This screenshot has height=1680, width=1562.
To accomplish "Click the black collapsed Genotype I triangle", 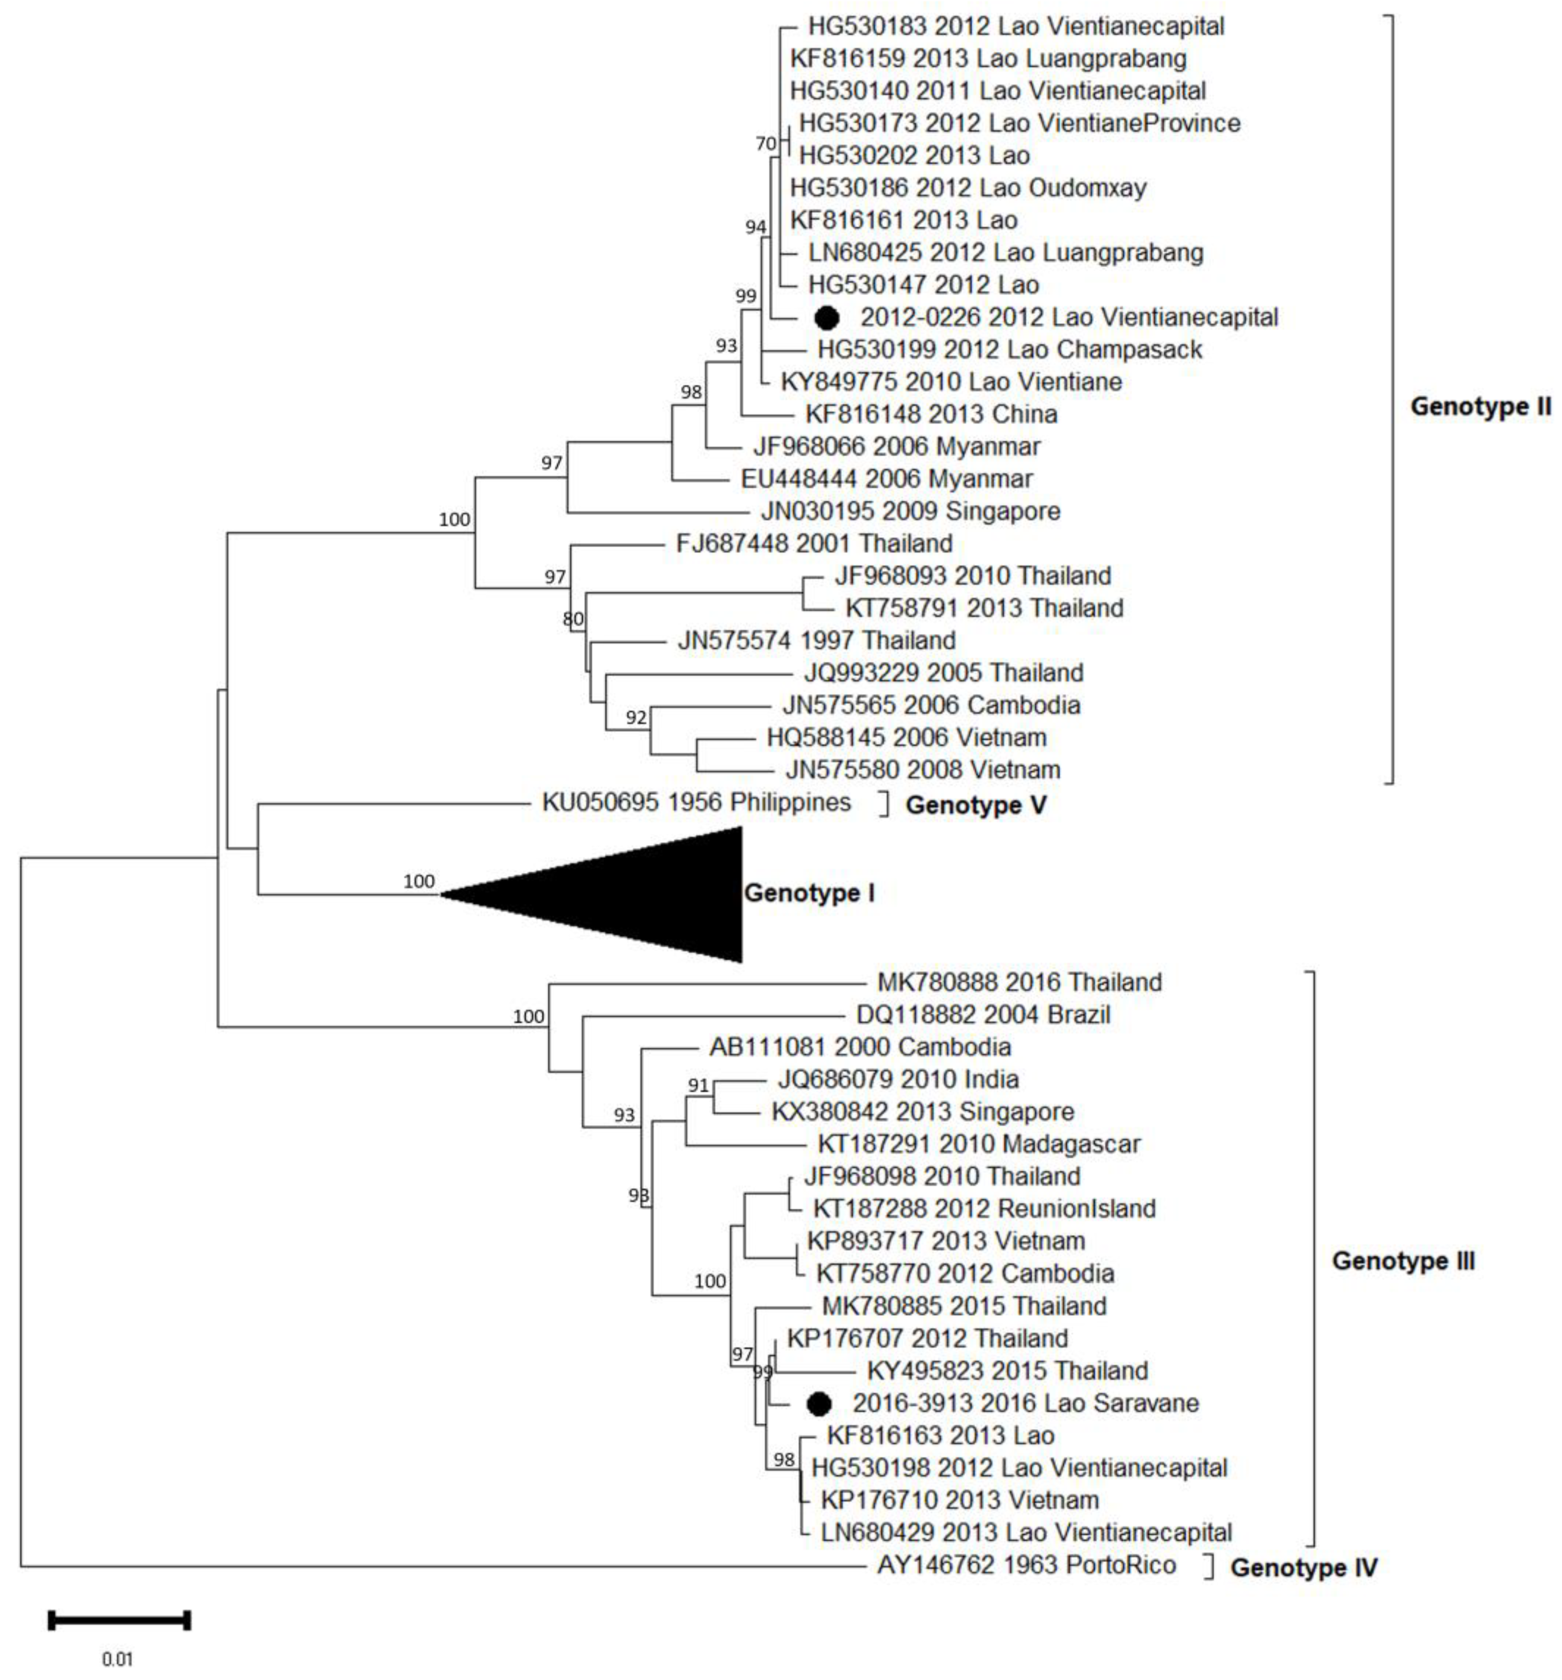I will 642,894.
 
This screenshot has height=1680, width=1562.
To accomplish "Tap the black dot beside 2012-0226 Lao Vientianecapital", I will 826,318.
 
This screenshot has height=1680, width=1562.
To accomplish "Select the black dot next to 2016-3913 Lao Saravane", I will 818,1403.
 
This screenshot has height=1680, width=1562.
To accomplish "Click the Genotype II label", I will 1479,407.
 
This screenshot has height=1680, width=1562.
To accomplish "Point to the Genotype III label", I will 1402,1261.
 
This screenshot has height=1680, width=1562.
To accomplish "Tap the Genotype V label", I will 976,804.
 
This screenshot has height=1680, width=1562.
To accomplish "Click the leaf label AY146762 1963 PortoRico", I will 1026,1565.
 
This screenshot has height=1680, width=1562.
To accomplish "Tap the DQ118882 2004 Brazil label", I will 983,1014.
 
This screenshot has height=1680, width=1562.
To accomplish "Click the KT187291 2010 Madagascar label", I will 978,1144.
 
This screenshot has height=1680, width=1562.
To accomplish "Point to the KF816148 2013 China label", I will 931,414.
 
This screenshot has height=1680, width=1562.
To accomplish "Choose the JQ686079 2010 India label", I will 897,1079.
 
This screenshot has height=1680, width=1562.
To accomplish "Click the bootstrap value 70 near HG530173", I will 765,144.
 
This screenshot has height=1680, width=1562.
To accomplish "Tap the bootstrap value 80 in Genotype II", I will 573,620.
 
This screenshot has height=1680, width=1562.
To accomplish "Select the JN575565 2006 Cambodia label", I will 931,705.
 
